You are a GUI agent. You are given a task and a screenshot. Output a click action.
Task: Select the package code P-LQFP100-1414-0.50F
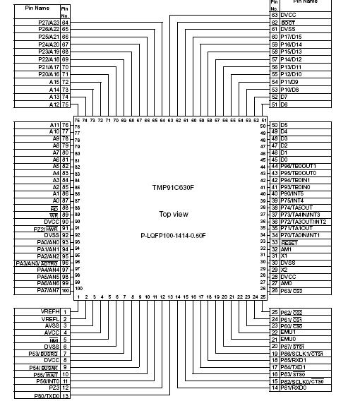pos(174,235)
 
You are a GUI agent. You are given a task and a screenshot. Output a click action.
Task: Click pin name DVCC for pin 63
pos(289,14)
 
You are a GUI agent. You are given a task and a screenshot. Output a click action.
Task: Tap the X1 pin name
pos(284,256)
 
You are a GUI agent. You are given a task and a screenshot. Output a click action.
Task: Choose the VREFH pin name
pos(49,311)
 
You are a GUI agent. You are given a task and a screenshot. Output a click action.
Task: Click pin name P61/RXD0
pos(294,388)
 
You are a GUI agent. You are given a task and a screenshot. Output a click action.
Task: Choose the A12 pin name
pos(54,104)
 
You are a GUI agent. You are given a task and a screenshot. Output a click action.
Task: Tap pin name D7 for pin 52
pos(285,97)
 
